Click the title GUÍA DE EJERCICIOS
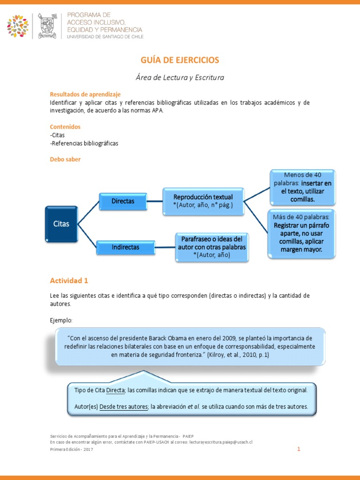tap(180, 60)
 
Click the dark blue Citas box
tap(61, 224)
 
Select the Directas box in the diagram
tap(123, 201)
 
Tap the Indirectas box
tap(125, 247)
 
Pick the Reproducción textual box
tap(203, 201)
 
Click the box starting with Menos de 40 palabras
tap(302, 187)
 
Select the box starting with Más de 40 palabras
tap(301, 233)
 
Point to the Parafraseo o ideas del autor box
tap(212, 247)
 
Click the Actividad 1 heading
tap(69, 281)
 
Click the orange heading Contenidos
tap(65, 127)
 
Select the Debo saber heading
tap(65, 159)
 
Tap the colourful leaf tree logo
tap(18, 26)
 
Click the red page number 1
tap(298, 449)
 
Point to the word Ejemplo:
tap(61, 320)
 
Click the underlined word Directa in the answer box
tap(115, 390)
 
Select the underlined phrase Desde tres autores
tap(123, 406)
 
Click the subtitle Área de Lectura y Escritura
tap(180, 77)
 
